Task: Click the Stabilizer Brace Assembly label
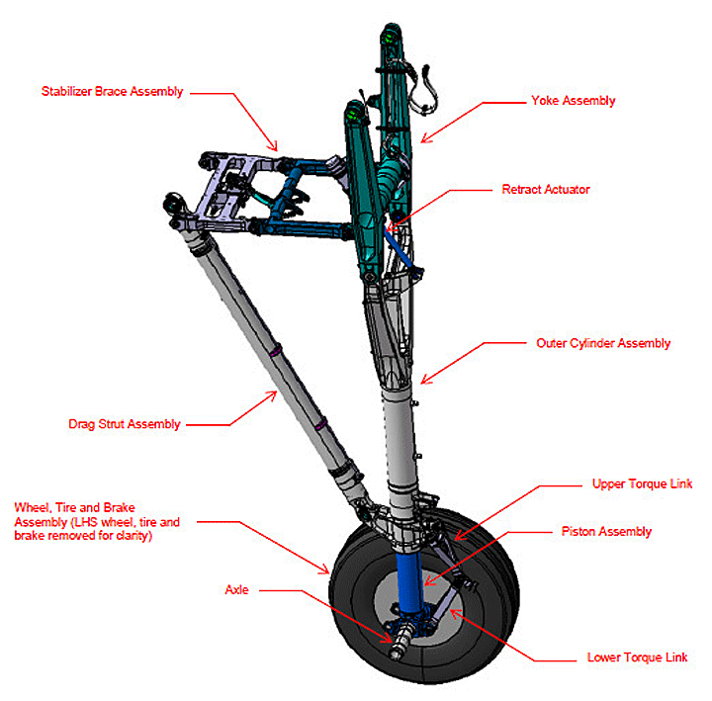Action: tap(112, 92)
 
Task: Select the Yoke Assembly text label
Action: tap(573, 101)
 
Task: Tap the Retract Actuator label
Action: tap(546, 189)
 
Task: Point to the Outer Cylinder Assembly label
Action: tap(603, 343)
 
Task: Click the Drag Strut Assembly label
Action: tap(125, 424)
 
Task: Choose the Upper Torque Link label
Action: tap(642, 484)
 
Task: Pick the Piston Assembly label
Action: tap(606, 532)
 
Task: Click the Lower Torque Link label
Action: tap(637, 657)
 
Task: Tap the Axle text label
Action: tap(236, 589)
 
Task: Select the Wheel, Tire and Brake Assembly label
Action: tap(97, 522)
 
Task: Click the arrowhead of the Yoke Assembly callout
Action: tap(425, 138)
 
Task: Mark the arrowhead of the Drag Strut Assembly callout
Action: tap(272, 395)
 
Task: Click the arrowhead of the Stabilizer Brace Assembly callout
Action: tap(273, 145)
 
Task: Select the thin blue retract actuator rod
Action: tap(399, 249)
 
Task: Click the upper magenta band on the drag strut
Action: tap(275, 351)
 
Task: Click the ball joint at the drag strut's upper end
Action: tap(174, 203)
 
